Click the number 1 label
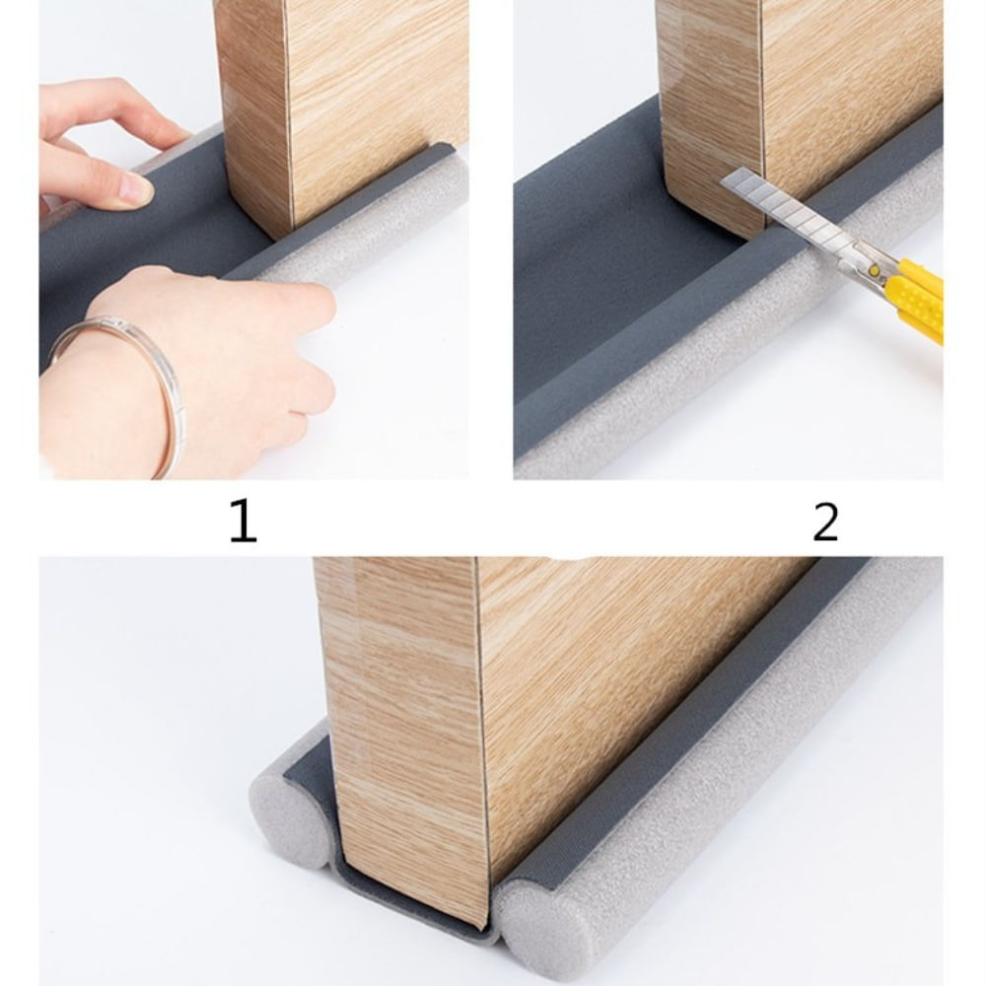point(243,522)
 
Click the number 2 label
point(825,522)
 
